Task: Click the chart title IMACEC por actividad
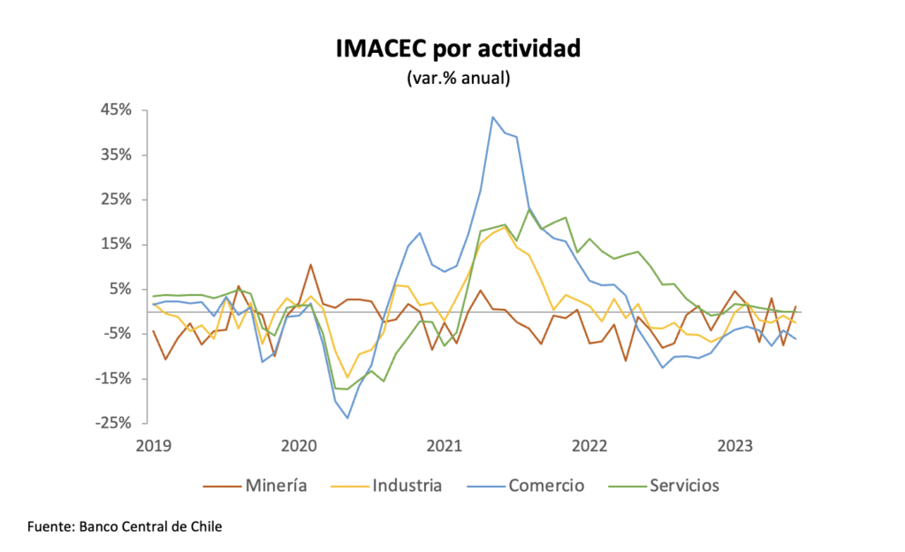pos(458,49)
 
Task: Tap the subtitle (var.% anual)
pos(458,78)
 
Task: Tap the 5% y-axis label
pos(120,289)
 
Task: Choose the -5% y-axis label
pos(118,334)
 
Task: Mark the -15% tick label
pos(115,379)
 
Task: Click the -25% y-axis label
pos(115,423)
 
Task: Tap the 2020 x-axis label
pos(299,446)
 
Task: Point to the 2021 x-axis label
pos(445,446)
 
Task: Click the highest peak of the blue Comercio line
pos(492,117)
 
